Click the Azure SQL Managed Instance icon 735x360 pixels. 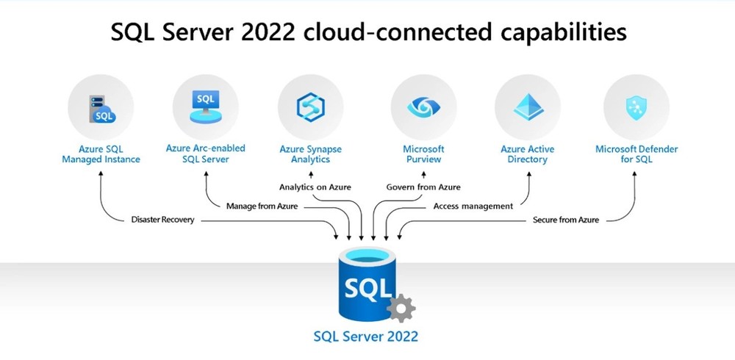click(101, 108)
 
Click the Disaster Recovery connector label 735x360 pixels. click(162, 220)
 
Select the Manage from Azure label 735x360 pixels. click(262, 206)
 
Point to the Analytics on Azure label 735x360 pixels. click(315, 187)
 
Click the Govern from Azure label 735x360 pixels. click(423, 187)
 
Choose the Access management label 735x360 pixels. click(473, 206)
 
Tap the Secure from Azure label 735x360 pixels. click(565, 220)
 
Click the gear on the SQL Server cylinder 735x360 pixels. click(401, 308)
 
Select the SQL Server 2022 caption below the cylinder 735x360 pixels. click(365, 336)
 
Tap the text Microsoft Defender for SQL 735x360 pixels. click(637, 154)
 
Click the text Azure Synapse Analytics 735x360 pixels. click(310, 154)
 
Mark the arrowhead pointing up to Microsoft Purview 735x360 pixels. click(423, 173)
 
